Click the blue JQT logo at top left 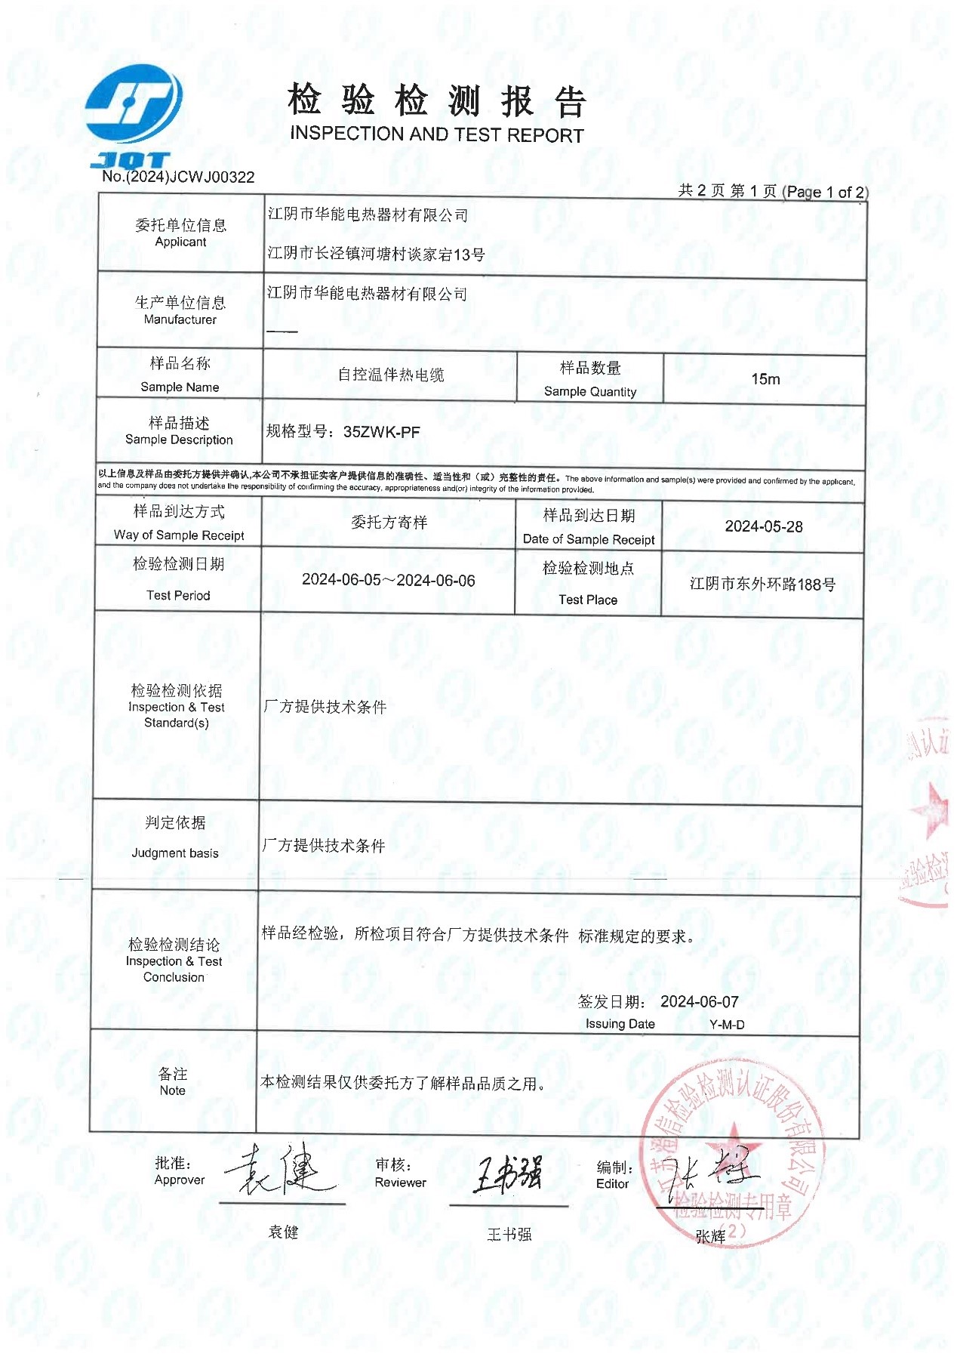pos(134,113)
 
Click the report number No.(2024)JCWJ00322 pos(178,177)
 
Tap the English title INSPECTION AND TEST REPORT pos(436,134)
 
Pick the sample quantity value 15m pos(765,379)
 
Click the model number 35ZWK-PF pos(381,433)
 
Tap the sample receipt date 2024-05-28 pos(763,526)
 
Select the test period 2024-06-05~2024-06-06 pos(388,581)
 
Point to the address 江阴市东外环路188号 pos(762,584)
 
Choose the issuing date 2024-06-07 pos(699,1002)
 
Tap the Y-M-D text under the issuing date pos(727,1025)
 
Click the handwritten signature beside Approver pos(281,1171)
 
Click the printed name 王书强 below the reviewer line pos(509,1235)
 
